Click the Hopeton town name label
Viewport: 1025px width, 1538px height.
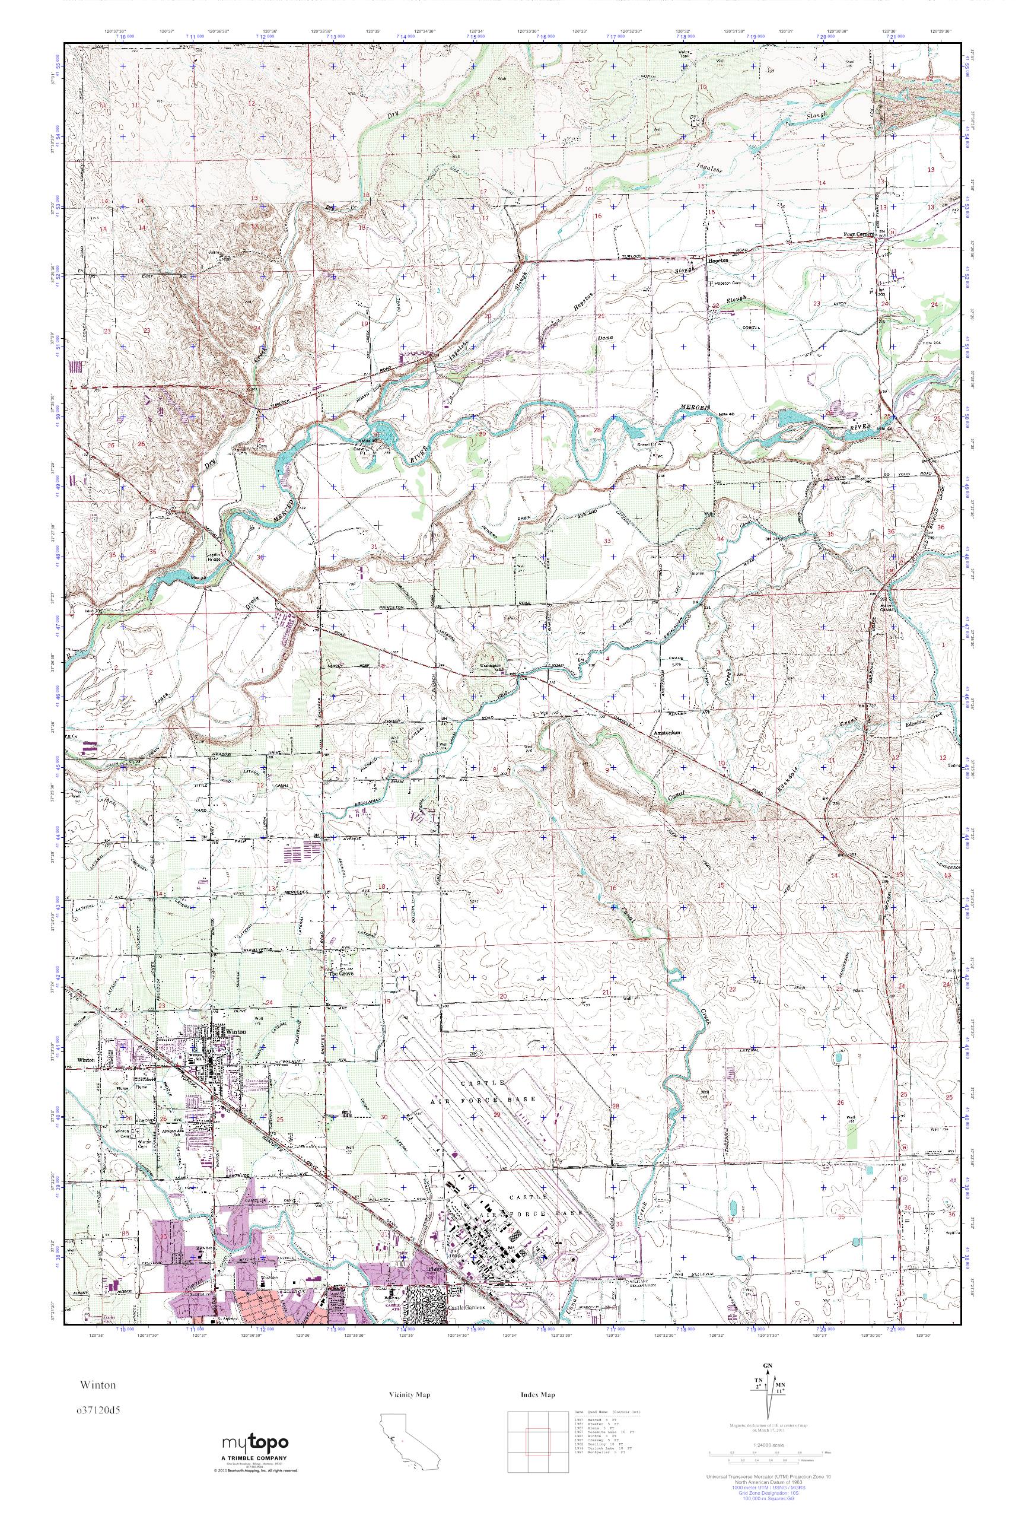pyautogui.click(x=718, y=259)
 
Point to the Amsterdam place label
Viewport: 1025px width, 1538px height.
pyautogui.click(x=667, y=733)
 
